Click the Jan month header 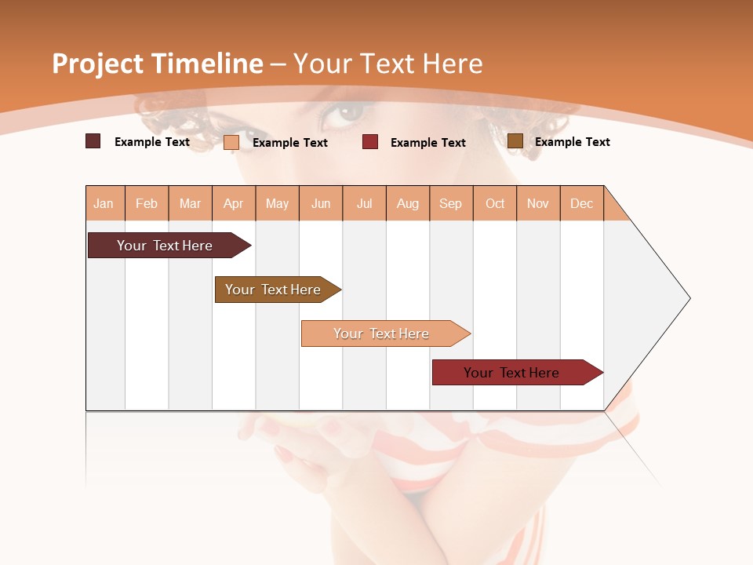pos(104,203)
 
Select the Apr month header pos(234,203)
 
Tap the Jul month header pos(364,203)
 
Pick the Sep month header pos(450,203)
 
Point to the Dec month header pos(581,203)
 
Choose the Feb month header pos(147,203)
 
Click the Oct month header pos(495,203)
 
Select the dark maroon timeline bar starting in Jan pos(165,246)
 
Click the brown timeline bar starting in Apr pos(273,290)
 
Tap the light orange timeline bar pos(381,334)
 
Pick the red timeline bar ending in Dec pos(511,373)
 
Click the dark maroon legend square pos(93,141)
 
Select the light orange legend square pos(231,142)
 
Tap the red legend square pos(370,141)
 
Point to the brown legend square pos(515,140)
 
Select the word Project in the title pos(98,64)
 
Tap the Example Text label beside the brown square pos(572,142)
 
